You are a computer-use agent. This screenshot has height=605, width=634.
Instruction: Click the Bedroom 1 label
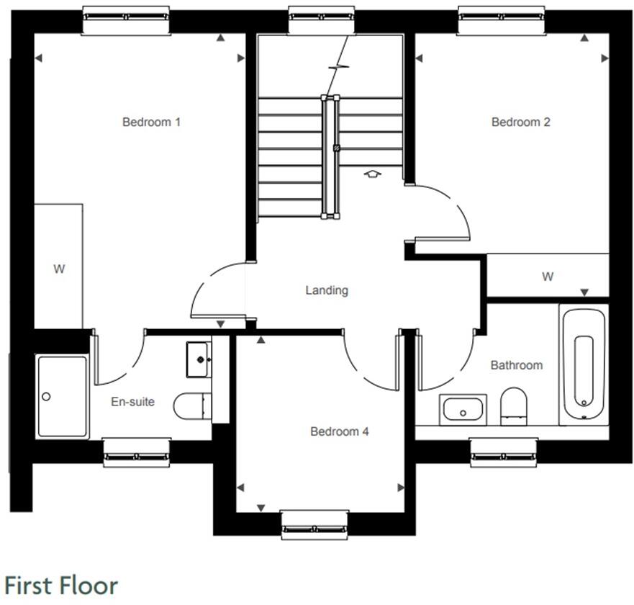point(151,122)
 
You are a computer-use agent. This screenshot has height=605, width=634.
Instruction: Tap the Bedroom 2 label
point(520,122)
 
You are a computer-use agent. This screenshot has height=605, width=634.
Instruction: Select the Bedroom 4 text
point(339,431)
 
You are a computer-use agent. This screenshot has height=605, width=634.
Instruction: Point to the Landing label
point(327,290)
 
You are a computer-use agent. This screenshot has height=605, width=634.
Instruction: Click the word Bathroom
point(516,365)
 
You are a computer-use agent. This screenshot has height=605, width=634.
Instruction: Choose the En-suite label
point(132,401)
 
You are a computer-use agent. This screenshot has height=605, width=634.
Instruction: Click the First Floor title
point(60,584)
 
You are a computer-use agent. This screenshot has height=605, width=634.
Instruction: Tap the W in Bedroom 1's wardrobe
point(59,269)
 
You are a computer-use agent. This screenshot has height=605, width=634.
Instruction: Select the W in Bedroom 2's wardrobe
point(548,277)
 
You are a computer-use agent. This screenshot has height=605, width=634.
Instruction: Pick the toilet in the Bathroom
point(513,404)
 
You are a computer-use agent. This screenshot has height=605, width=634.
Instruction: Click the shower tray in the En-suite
point(63,397)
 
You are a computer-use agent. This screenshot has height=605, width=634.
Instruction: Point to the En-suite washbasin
point(198,358)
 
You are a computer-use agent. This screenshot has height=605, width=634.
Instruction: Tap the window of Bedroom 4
point(314,524)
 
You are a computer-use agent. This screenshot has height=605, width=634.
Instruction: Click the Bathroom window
point(504,452)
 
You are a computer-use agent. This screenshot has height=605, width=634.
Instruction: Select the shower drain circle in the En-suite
point(47,396)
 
